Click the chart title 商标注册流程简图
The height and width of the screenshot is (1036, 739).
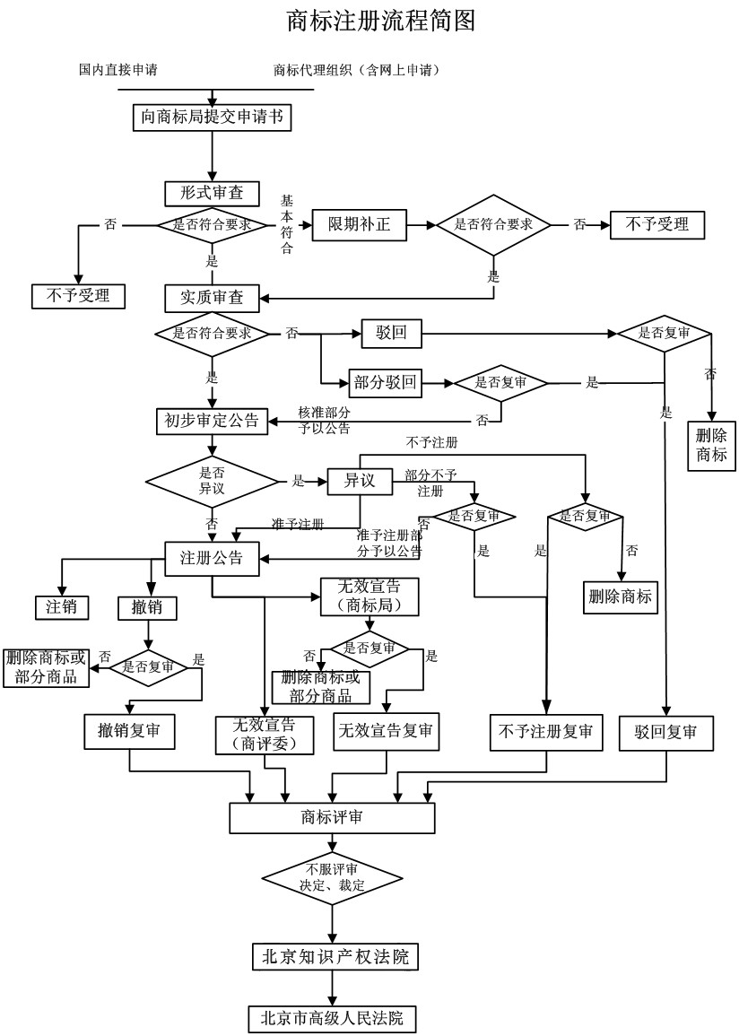click(x=380, y=21)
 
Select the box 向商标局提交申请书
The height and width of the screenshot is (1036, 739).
click(x=212, y=118)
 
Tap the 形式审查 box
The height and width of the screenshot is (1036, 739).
click(x=212, y=193)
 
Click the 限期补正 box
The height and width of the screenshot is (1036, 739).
click(x=359, y=224)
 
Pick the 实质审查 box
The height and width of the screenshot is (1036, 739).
click(x=212, y=297)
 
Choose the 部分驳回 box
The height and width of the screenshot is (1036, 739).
click(x=385, y=383)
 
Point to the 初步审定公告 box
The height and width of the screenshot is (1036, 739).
click(x=212, y=420)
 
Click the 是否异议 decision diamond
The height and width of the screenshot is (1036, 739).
click(x=212, y=482)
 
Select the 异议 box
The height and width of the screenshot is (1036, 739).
click(x=359, y=482)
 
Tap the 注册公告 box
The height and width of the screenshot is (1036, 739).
click(x=212, y=558)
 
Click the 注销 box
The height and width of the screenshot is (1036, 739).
click(x=62, y=606)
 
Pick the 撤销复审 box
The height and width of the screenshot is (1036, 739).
click(x=129, y=731)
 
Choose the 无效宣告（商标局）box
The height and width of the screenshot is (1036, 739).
click(x=369, y=596)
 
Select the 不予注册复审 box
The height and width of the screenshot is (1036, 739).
click(x=545, y=732)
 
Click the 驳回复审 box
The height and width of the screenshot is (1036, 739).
click(x=665, y=732)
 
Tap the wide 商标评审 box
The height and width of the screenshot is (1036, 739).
click(x=332, y=818)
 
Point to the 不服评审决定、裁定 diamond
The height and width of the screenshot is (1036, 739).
click(x=332, y=877)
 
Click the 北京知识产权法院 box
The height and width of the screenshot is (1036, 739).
click(x=334, y=956)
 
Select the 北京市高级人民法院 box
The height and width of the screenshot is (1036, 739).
click(x=332, y=1018)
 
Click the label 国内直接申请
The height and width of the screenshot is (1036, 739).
click(x=117, y=70)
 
